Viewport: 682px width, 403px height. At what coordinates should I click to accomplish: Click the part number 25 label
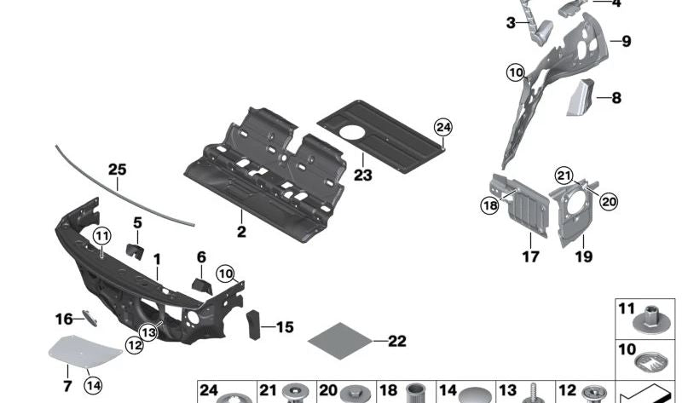(117, 170)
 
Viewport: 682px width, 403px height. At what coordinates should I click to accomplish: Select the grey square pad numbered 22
(339, 341)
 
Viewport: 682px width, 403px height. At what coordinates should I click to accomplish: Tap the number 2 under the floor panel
(241, 232)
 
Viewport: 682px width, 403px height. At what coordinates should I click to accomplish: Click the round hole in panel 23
(352, 132)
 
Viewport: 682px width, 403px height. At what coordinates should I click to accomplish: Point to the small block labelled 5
(135, 251)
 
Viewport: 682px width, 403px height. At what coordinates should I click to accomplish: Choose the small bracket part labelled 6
(202, 286)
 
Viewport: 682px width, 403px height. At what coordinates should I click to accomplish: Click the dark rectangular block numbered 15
(253, 325)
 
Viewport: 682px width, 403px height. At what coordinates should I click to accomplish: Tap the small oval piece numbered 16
(90, 318)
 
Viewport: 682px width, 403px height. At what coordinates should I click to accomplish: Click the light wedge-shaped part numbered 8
(581, 98)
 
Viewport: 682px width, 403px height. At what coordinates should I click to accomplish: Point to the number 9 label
(626, 41)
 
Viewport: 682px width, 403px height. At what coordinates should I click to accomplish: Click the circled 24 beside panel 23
(442, 128)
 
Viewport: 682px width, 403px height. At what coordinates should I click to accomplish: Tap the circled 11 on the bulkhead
(101, 237)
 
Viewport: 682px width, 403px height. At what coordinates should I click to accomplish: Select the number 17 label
(530, 257)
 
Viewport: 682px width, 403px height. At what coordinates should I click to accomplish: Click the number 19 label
(584, 256)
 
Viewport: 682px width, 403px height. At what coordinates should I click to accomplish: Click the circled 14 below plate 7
(94, 385)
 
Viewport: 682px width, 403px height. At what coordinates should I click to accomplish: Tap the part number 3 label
(511, 23)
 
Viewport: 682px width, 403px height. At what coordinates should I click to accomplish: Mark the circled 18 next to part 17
(489, 205)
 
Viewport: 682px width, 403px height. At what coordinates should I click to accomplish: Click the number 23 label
(363, 176)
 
